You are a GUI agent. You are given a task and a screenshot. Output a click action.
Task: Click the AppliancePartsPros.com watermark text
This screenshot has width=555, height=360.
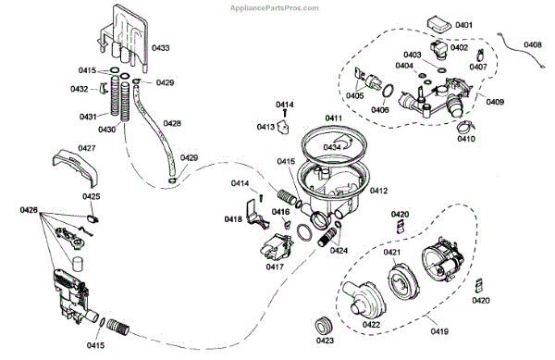pos(275,7)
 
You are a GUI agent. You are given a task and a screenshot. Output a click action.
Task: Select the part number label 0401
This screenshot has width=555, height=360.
pos(463,25)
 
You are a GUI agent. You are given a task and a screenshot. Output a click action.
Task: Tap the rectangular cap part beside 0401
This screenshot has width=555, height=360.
pos(439,24)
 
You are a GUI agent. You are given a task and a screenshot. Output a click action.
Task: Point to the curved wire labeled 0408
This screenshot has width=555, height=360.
pos(521,49)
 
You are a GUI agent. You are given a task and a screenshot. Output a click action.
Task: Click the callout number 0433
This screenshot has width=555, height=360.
pos(160,48)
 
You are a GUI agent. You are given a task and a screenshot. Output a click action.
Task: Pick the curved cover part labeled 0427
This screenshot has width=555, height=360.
pos(76,168)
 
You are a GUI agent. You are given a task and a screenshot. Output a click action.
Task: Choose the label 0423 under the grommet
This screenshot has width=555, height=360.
pos(325,341)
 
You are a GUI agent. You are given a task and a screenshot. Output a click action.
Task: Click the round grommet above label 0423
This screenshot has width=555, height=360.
pos(324,326)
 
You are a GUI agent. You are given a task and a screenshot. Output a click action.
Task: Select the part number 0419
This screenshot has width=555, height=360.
pos(439,331)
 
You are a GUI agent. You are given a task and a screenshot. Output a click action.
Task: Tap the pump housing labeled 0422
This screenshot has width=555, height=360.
pos(363,301)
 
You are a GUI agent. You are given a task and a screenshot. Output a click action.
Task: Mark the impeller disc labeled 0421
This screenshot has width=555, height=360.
pos(403,279)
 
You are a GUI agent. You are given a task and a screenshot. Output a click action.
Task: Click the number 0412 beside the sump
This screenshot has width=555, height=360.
pos(378,191)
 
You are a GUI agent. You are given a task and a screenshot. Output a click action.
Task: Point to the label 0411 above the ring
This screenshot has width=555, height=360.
pos(333,118)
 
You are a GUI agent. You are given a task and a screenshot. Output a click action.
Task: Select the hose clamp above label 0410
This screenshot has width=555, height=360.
pos(463,125)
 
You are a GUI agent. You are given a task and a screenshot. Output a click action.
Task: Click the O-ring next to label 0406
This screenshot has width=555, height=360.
pos(388,91)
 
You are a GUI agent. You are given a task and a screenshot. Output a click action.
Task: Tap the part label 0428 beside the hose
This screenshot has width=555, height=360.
pos(172,123)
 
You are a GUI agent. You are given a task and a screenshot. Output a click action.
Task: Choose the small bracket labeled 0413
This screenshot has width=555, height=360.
pos(283,127)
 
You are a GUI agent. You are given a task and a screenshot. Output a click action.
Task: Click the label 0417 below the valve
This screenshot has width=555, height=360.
pos(275,267)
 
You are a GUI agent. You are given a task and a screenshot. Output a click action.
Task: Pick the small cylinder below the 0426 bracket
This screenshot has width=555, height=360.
pos(77,264)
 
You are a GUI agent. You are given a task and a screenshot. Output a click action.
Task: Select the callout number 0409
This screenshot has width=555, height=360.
pos(495,102)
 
